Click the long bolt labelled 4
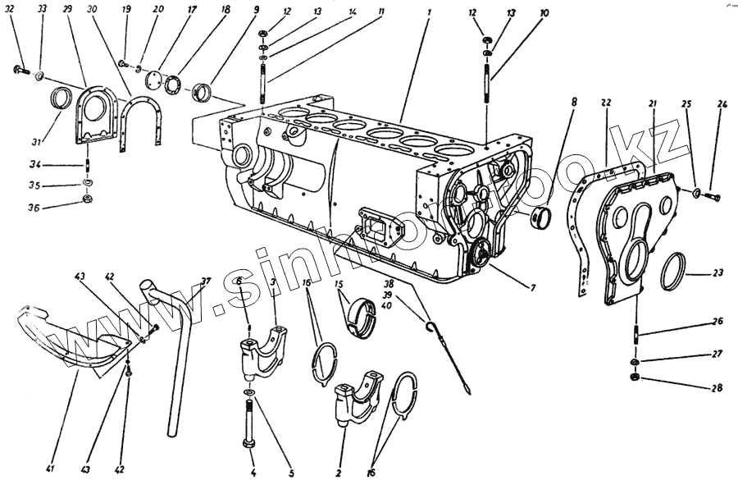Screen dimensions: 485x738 (x=249, y=423)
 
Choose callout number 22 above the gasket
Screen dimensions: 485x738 (x=605, y=104)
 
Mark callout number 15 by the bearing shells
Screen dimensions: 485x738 (x=338, y=284)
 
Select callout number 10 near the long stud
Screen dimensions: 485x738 (x=544, y=14)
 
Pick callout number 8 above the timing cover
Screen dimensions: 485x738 (x=574, y=103)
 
